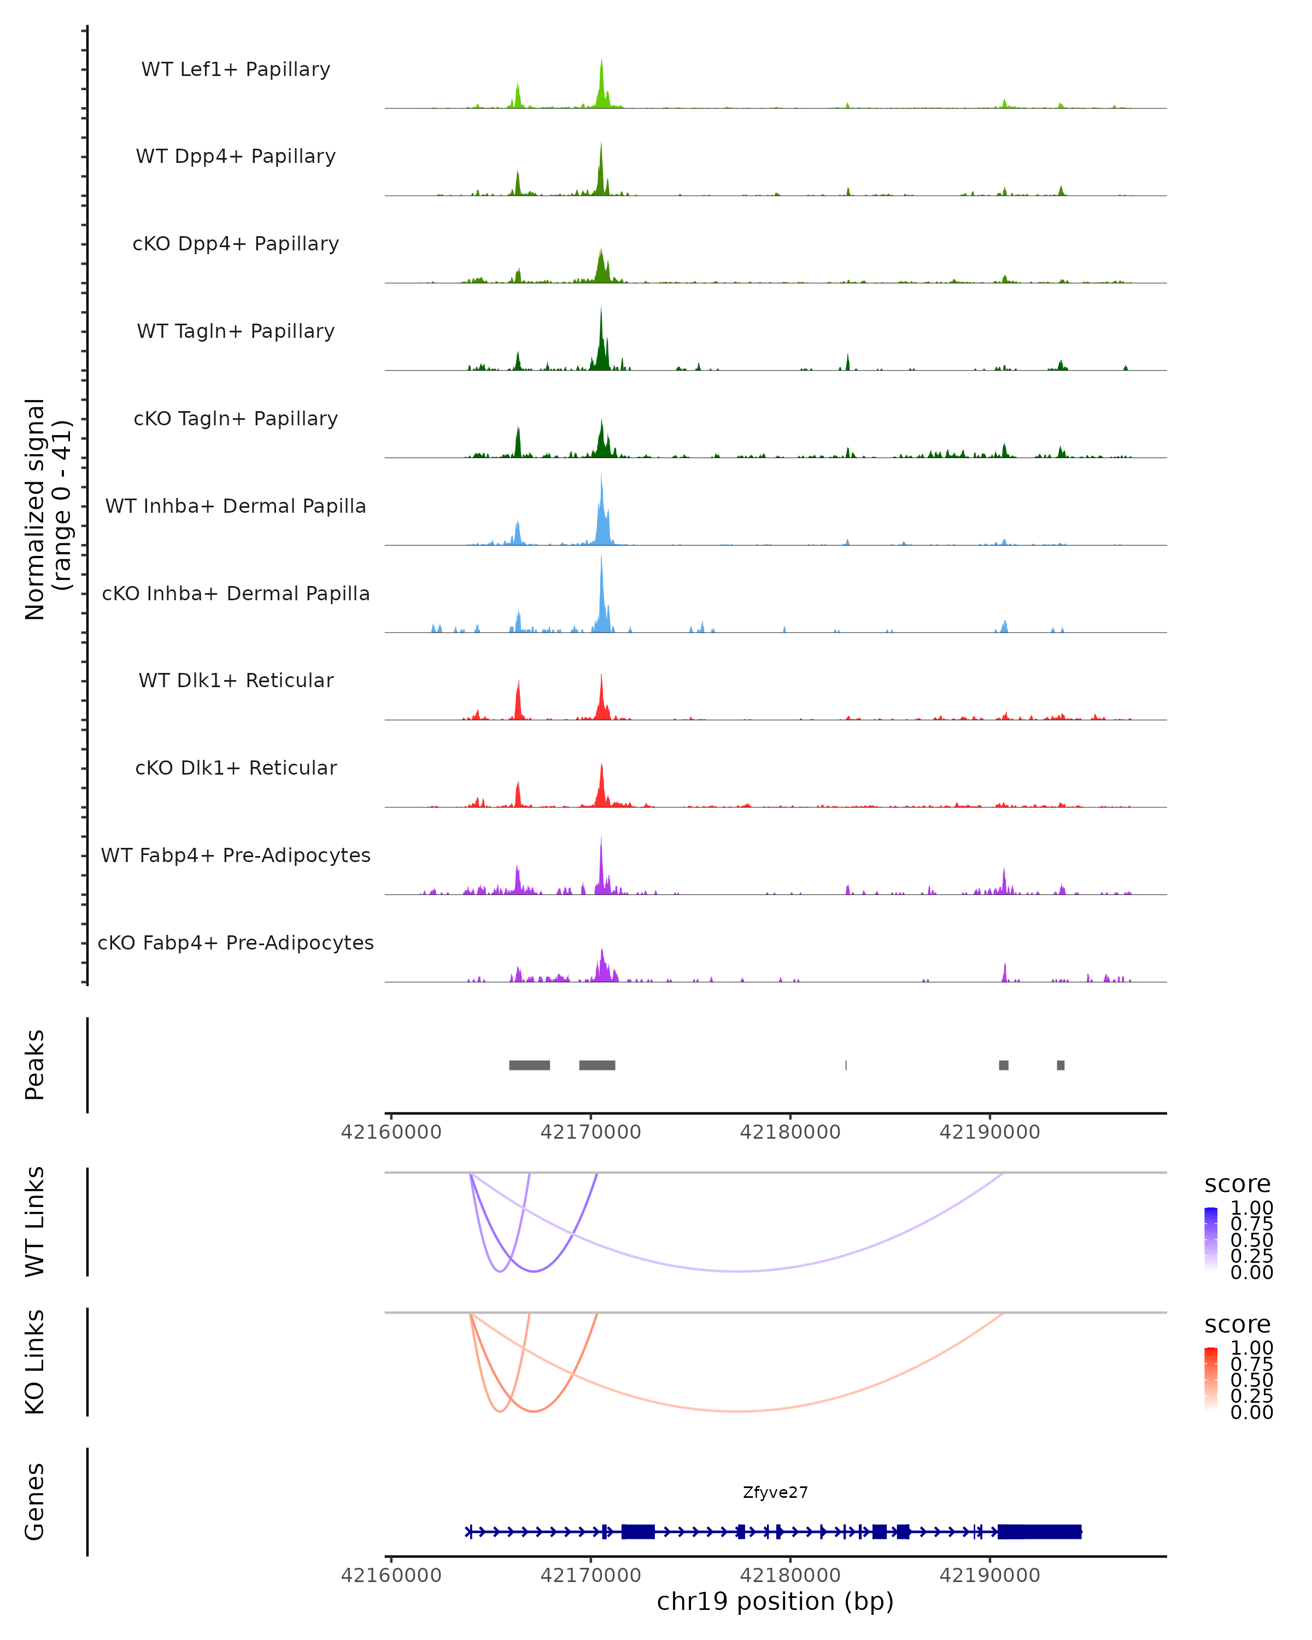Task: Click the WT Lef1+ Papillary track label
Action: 236,69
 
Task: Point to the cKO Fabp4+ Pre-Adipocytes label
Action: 236,942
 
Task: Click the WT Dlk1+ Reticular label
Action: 236,680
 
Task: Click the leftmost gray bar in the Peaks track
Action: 529,1065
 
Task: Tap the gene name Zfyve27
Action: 775,1492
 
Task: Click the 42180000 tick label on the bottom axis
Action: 790,1575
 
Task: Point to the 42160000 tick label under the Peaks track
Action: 391,1132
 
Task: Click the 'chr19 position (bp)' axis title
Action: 775,1602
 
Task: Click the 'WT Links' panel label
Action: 35,1222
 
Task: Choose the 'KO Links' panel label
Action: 35,1362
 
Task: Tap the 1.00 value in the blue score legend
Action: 1251,1208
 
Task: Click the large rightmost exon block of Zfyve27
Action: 1039,1532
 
